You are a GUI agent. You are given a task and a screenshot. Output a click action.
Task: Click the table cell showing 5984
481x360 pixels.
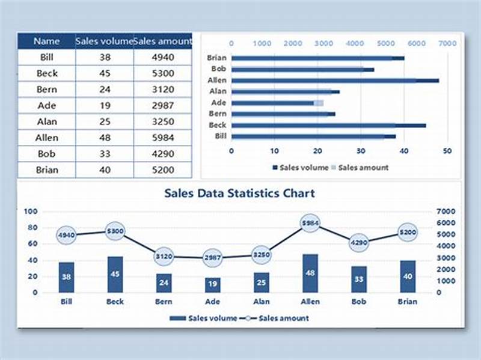[x=162, y=138]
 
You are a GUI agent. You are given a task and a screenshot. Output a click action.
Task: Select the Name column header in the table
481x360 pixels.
[x=46, y=41]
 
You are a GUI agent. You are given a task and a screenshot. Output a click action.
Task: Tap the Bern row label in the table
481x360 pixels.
[x=46, y=90]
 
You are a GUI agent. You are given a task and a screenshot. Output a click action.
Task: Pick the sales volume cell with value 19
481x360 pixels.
[x=104, y=106]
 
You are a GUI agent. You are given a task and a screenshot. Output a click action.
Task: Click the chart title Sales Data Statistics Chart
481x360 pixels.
[x=239, y=194]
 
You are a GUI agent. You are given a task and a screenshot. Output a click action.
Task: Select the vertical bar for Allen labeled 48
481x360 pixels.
[x=310, y=273]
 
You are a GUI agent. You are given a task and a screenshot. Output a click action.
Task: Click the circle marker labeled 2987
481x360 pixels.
[x=213, y=258]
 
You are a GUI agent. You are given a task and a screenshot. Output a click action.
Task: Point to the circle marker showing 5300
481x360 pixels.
[x=115, y=231]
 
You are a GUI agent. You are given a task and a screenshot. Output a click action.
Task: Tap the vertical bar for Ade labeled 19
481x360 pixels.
[x=213, y=285]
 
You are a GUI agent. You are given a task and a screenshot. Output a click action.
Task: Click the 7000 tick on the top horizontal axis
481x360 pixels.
[x=447, y=43]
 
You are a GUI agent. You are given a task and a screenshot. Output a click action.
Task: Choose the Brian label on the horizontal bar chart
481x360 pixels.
[x=216, y=58]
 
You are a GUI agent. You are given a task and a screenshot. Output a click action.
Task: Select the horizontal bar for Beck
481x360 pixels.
[x=328, y=125]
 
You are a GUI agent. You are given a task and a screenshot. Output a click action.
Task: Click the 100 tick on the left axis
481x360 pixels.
[x=31, y=212]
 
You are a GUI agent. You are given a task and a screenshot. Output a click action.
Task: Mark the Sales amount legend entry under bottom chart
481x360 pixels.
[x=283, y=318]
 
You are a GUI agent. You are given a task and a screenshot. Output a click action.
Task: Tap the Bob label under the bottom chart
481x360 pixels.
[x=359, y=302]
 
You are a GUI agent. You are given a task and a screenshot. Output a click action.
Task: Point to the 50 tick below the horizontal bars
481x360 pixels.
[x=447, y=150]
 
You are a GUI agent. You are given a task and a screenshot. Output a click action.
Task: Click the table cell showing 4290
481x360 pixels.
[x=162, y=154]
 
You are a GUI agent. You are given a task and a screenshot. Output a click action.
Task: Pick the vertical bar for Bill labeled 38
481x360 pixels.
[x=66, y=277]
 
